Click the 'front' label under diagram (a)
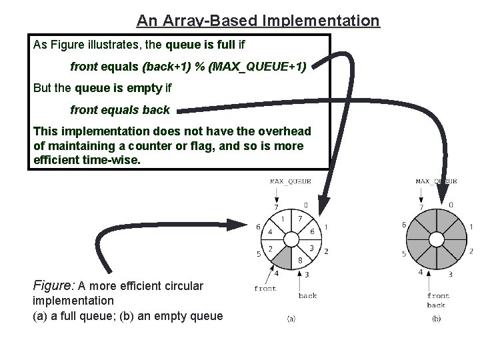pos(265,289)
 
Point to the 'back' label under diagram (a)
pos(308,295)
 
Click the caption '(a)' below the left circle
pos(291,319)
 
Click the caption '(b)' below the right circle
pos(436,319)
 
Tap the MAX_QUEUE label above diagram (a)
pos(290,181)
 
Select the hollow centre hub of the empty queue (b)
pos(436,239)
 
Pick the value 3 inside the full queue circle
pos(311,248)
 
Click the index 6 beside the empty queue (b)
pos(403,225)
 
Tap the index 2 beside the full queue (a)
pos(326,252)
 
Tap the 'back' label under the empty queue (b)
pos(436,305)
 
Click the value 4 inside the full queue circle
pos(270,232)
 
